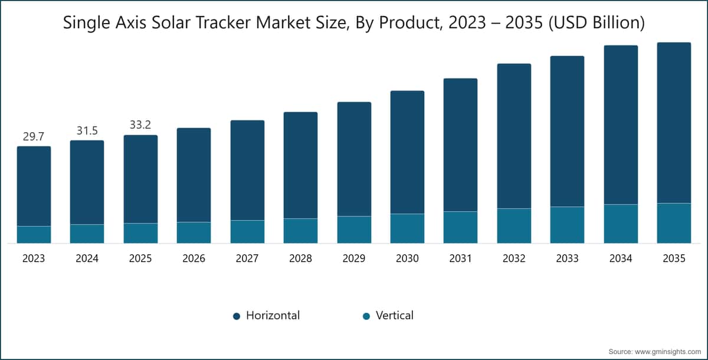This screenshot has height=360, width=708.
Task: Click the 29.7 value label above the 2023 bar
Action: click(34, 136)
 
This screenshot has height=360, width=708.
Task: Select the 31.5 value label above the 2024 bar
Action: click(87, 130)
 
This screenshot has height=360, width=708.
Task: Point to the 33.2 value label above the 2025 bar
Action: click(140, 125)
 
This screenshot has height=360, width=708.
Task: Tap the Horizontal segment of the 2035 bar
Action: click(674, 123)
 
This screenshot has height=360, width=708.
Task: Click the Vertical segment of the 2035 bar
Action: click(674, 223)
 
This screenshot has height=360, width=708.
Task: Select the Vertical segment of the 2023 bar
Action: click(34, 234)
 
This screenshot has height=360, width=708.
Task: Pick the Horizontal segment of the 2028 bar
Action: click(300, 165)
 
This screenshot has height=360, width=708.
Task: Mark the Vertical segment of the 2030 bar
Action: click(408, 228)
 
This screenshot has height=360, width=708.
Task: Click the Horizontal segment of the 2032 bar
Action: click(514, 136)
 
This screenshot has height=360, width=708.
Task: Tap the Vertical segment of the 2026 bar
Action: click(194, 233)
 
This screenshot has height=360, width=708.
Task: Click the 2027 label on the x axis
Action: click(247, 258)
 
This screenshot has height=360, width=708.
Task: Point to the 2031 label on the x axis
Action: click(461, 258)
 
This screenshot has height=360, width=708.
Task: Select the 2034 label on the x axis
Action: click(621, 258)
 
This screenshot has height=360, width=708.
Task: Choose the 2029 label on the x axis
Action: click(354, 258)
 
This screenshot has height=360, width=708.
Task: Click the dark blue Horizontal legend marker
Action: click(237, 316)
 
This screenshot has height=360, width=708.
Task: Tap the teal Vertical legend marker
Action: click(366, 316)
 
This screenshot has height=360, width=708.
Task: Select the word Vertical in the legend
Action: click(395, 315)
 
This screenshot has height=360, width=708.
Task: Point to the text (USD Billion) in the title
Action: click(596, 23)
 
